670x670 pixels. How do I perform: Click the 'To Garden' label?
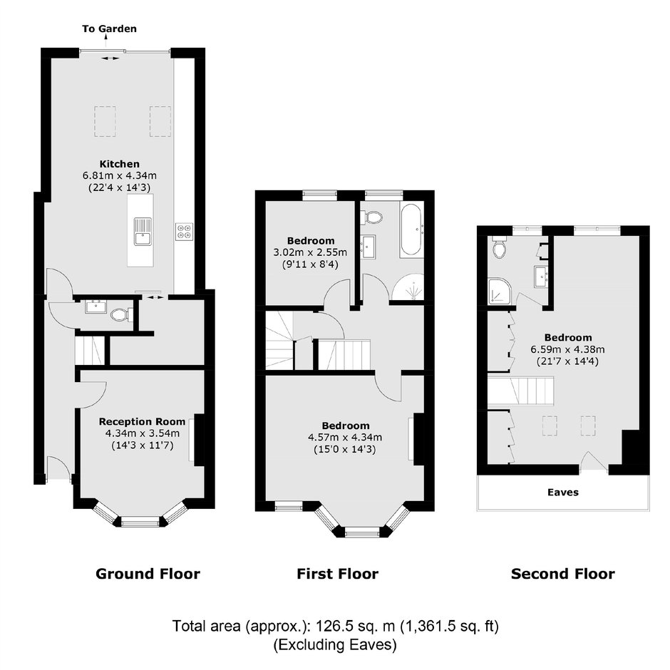(109, 29)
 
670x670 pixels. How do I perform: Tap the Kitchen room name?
(120, 164)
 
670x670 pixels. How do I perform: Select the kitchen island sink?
(143, 232)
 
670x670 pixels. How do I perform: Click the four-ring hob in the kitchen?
(184, 232)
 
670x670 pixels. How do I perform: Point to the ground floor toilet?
(121, 315)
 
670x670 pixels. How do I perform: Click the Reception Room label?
(143, 422)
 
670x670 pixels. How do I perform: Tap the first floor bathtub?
(411, 231)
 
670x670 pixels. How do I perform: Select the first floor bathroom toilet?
(371, 217)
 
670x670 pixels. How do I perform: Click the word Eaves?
(563, 493)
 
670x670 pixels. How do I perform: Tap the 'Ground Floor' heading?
(148, 574)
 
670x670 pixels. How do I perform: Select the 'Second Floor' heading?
(563, 574)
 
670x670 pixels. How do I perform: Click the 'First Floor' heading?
(338, 574)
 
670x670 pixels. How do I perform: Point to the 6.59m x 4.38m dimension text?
(568, 349)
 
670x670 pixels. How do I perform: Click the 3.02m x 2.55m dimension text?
(310, 252)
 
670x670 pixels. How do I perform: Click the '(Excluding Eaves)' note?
(335, 644)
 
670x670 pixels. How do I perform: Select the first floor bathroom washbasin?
(368, 247)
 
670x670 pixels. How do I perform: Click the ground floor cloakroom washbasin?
(96, 306)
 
